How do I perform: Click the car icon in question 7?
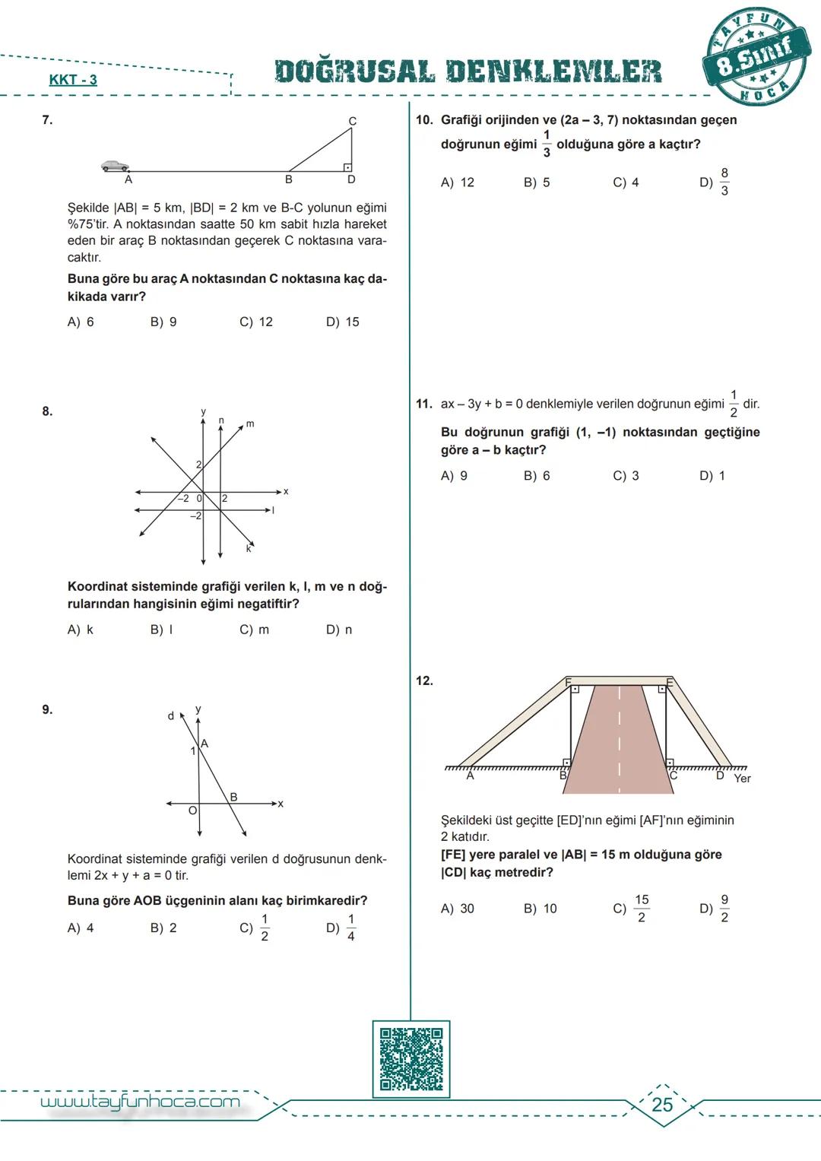[x=116, y=166]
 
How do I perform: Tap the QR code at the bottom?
[x=410, y=1059]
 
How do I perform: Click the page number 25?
[x=662, y=1105]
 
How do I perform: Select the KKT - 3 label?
[x=73, y=80]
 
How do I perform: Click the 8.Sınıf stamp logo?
[x=756, y=58]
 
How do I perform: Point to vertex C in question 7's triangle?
[x=352, y=121]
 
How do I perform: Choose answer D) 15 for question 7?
[x=343, y=322]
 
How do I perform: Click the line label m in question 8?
[x=249, y=423]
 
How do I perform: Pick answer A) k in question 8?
[x=81, y=630]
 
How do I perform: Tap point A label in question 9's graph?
[x=204, y=744]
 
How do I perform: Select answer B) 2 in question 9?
[x=163, y=928]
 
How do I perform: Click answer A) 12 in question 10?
[x=458, y=182]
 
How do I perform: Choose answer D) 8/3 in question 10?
[x=715, y=182]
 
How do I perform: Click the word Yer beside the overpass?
[x=742, y=779]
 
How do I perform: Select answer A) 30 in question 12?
[x=458, y=909]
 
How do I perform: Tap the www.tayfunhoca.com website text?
[x=140, y=1102]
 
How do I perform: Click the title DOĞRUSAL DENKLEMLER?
[x=468, y=71]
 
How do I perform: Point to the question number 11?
[x=424, y=404]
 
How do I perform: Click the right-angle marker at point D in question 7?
[x=347, y=167]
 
